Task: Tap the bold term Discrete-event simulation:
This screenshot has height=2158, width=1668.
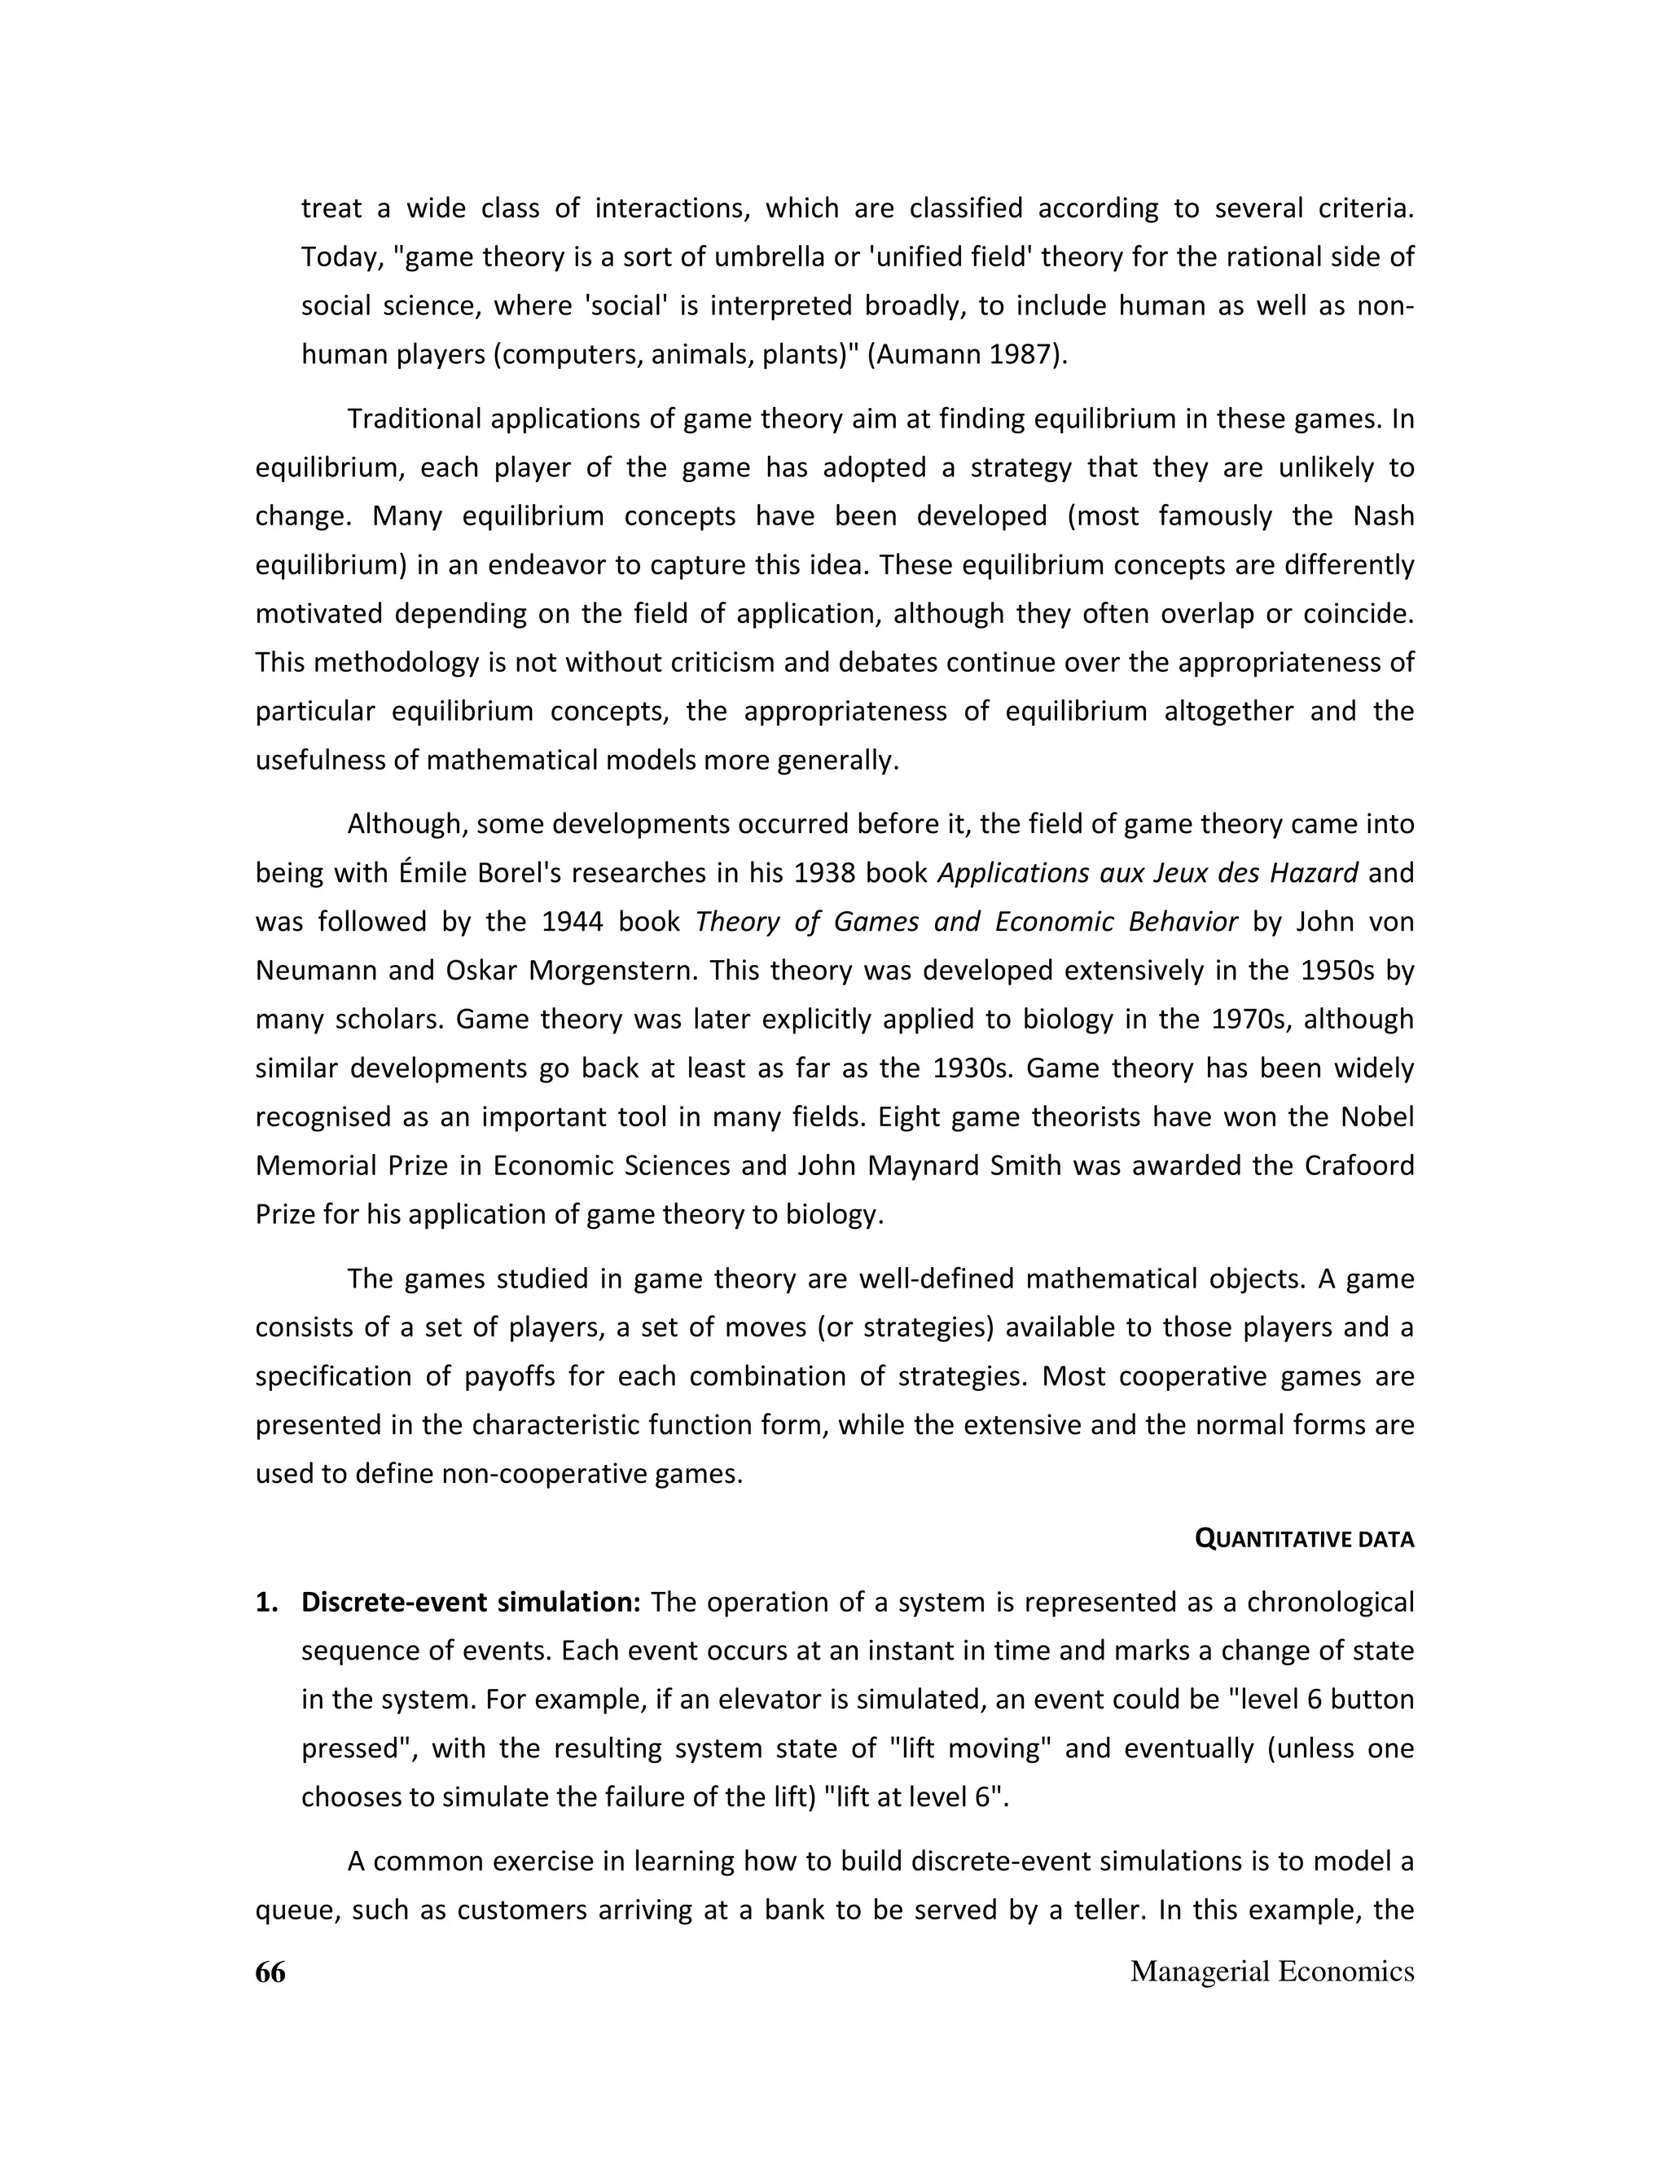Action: (472, 1602)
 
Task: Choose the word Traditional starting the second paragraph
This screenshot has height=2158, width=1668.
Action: (414, 419)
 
